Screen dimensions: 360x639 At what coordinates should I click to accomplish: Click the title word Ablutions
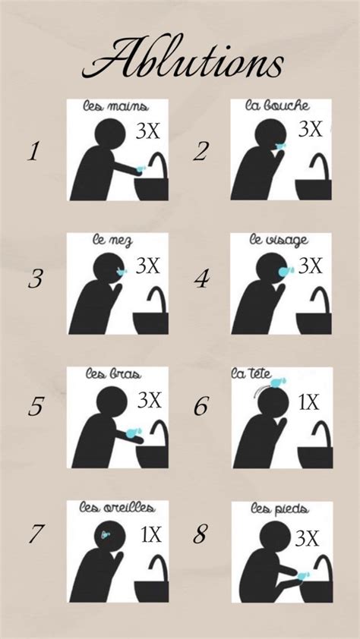(x=182, y=58)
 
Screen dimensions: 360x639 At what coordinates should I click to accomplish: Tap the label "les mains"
(x=115, y=107)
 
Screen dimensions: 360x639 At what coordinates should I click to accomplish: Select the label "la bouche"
(x=277, y=106)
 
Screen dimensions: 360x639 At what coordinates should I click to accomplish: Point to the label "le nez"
(x=112, y=241)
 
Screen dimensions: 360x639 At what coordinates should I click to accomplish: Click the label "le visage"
(x=279, y=241)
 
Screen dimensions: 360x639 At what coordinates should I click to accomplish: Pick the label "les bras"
(x=113, y=373)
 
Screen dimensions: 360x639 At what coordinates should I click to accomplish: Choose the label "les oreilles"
(x=117, y=508)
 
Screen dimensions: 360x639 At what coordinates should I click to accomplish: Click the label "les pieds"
(x=279, y=508)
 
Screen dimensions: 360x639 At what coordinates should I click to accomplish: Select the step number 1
(x=34, y=152)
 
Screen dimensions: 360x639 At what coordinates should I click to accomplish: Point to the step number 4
(x=202, y=279)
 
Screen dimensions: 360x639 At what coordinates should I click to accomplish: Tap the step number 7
(x=35, y=534)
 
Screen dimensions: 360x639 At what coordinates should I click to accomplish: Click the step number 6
(x=201, y=406)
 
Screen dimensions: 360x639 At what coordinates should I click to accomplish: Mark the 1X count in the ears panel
(x=151, y=534)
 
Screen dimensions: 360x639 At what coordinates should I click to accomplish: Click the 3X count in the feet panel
(x=307, y=538)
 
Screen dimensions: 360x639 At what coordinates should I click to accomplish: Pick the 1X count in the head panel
(x=308, y=403)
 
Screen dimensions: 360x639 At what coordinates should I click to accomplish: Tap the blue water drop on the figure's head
(x=279, y=382)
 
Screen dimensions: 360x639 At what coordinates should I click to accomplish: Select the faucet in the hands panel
(x=159, y=165)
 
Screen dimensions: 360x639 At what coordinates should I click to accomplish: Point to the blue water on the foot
(x=303, y=575)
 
